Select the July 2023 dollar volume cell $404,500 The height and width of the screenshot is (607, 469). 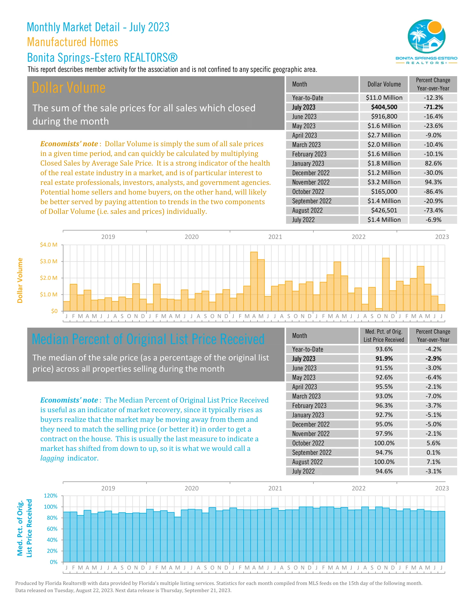coord(384,107)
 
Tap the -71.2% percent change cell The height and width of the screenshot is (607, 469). coord(433,107)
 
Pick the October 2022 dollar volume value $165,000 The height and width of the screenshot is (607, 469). coord(384,191)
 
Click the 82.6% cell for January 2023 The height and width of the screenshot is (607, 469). coord(433,163)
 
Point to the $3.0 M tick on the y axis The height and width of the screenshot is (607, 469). coord(49,261)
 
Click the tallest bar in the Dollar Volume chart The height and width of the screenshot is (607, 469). coord(254,281)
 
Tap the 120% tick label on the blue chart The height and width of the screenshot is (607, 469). coord(50,496)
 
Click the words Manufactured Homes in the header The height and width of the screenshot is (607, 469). coord(73,42)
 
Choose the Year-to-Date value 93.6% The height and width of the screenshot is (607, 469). coord(384,349)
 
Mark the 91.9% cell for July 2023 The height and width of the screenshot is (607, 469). coord(384,358)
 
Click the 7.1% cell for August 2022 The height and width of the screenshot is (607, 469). coord(433,462)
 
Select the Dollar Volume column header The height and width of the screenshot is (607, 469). coord(384,84)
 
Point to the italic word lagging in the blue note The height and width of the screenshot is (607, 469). coord(52,458)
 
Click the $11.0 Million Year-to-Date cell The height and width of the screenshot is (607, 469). coord(384,98)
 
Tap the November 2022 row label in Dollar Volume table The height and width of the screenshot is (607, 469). coord(311,182)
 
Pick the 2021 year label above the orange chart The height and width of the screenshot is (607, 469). coord(275,237)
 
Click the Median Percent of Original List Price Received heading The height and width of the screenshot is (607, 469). coord(148,339)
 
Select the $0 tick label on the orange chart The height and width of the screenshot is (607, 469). coord(54,311)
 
